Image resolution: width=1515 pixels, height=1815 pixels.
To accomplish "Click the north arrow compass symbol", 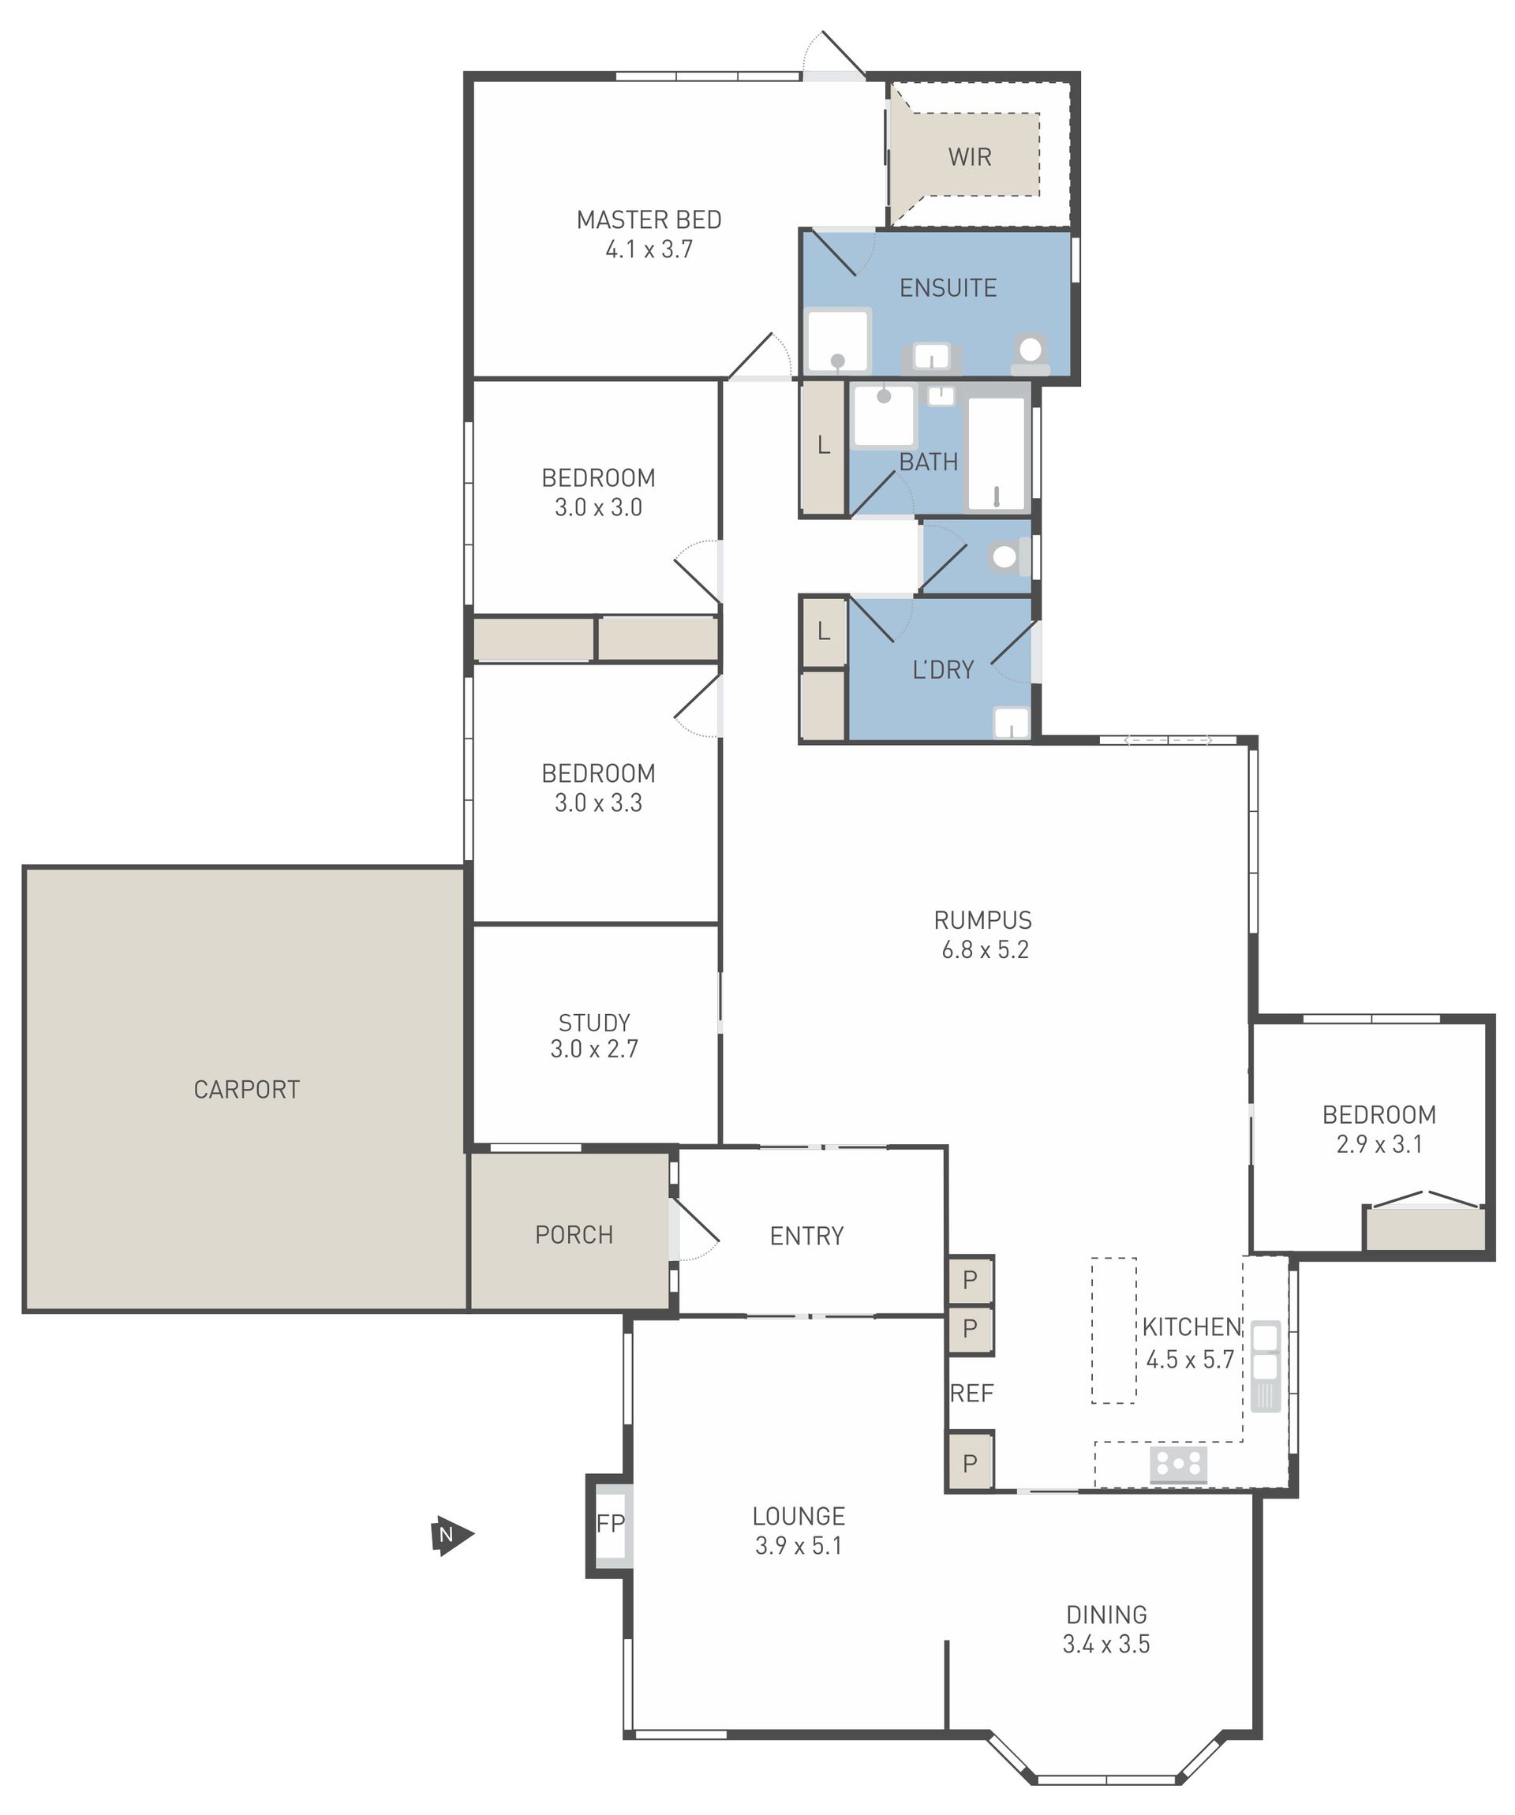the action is pos(451,1536).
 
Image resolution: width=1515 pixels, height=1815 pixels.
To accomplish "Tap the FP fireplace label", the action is pos(610,1523).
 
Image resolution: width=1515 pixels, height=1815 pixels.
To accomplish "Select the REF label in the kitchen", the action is pos(971,1394).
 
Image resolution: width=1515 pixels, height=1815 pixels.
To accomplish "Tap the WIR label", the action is pos(970,157).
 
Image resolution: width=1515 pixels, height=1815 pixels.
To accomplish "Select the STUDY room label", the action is pos(595,1023).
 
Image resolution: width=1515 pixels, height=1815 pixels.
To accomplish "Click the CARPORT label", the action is pos(246,1089).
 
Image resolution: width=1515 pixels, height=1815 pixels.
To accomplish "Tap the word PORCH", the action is pos(574,1234).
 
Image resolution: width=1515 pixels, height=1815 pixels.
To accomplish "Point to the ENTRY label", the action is pos(806,1236).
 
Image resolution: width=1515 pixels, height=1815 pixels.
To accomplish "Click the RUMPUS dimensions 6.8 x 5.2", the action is pos(986,950).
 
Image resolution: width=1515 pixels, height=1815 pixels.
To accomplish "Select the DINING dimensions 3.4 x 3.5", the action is pos(1106,1645).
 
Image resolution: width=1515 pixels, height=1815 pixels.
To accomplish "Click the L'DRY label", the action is pos(943,670).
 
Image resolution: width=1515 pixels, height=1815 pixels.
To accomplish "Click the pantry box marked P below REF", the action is pos(971,1464).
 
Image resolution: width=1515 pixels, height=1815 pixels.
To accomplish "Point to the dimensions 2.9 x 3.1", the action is pos(1379,1144).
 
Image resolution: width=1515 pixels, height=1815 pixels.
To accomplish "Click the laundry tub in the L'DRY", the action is pos(1011,724).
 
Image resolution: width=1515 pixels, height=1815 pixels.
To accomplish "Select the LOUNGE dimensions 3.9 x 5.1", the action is pos(799,1546).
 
